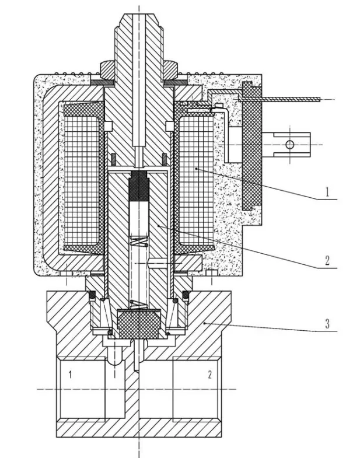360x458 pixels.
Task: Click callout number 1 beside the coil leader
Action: point(328,191)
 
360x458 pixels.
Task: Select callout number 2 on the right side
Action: point(328,260)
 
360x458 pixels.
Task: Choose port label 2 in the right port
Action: point(209,374)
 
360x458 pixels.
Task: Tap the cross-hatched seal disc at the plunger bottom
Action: point(139,322)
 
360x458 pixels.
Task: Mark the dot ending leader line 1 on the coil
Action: point(197,169)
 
